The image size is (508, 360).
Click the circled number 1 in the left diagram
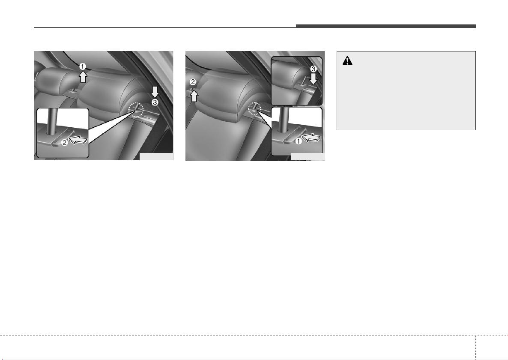[x=83, y=67]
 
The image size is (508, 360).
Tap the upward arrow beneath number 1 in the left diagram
[x=83, y=77]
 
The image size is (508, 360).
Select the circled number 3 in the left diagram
[x=155, y=103]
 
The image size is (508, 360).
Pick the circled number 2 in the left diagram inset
[x=65, y=142]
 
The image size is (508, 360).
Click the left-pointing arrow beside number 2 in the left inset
[x=78, y=140]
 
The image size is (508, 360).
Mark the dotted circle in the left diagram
[x=135, y=110]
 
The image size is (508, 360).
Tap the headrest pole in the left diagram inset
[x=52, y=121]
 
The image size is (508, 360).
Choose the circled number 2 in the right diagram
[x=193, y=82]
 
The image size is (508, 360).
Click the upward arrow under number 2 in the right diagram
[x=194, y=96]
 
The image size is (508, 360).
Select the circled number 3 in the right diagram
[x=313, y=69]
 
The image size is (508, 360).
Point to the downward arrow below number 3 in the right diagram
[x=313, y=79]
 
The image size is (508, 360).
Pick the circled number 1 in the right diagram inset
[x=298, y=141]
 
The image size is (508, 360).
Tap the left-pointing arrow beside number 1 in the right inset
[x=311, y=139]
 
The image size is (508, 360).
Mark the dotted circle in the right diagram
[x=255, y=109]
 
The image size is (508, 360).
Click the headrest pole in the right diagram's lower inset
[x=284, y=120]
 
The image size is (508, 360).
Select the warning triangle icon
[x=347, y=60]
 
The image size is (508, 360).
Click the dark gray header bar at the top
[x=385, y=26]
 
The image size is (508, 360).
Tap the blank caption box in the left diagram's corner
[x=156, y=156]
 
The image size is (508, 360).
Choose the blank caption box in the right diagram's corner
[x=308, y=156]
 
